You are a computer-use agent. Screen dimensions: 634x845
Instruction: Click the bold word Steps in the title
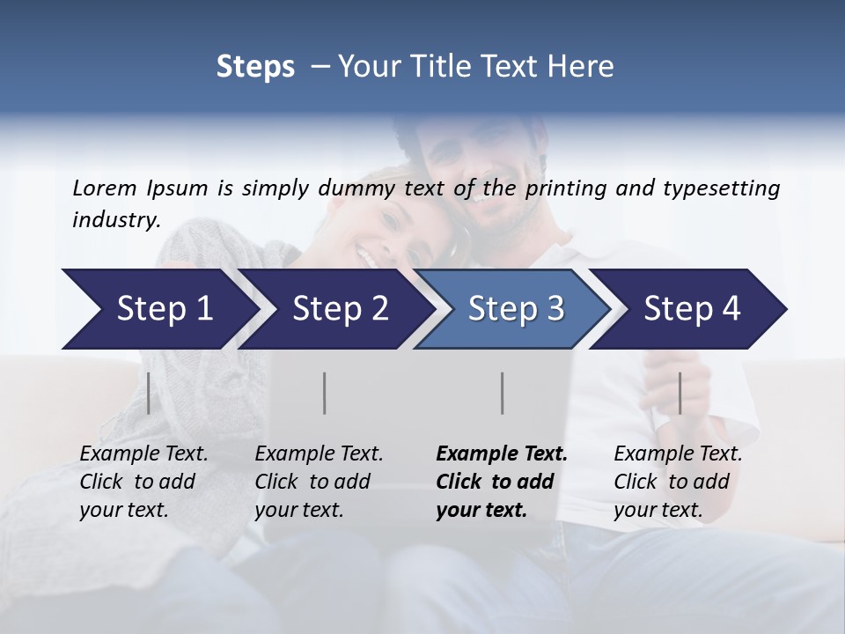click(255, 66)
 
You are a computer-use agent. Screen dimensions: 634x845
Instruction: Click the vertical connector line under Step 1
click(149, 393)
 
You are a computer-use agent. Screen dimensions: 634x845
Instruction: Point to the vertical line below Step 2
click(325, 393)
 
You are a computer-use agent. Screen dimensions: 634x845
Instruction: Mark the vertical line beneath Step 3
click(503, 393)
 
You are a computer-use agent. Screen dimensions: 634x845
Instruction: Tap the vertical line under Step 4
click(680, 393)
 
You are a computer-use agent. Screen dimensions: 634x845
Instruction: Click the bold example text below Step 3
click(501, 482)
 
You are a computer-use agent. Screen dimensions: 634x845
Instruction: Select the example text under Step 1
click(143, 482)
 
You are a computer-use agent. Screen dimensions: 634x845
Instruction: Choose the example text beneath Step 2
click(319, 482)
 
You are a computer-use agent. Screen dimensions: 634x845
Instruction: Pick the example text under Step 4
click(678, 482)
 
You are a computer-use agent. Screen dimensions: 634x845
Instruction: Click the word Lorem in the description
click(105, 188)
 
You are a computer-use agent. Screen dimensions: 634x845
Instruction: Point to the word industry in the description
click(116, 220)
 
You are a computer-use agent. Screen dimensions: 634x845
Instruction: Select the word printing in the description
click(567, 188)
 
